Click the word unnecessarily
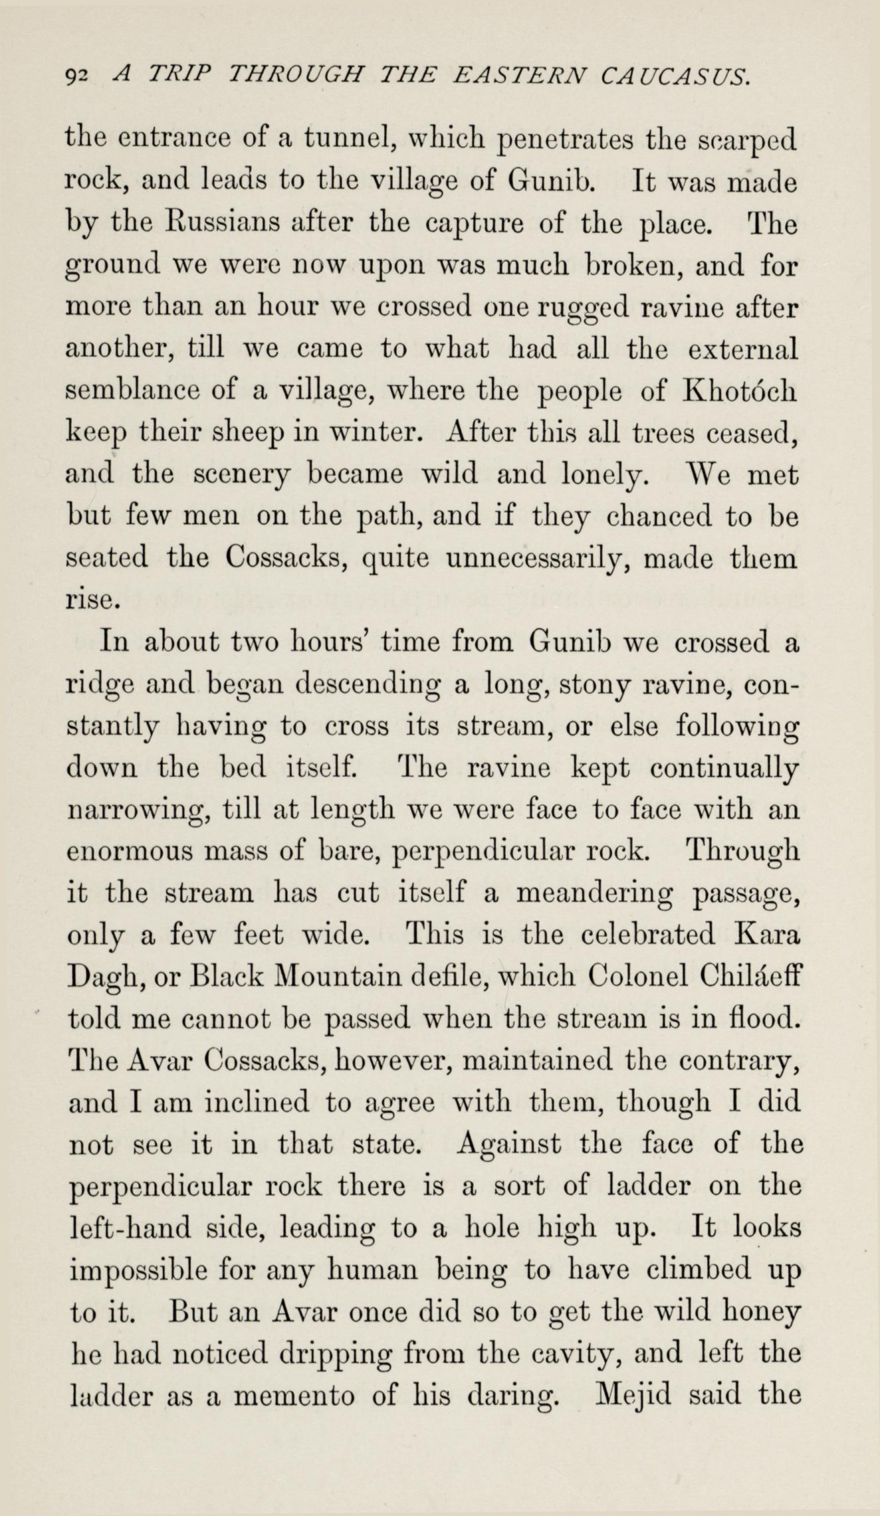535,558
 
